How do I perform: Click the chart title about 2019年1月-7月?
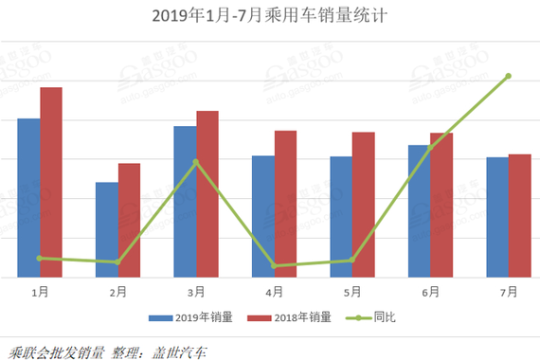click(x=269, y=17)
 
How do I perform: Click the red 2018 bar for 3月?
click(x=207, y=194)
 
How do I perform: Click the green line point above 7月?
click(x=509, y=76)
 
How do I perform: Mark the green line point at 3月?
click(x=196, y=162)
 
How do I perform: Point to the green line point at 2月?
click(x=117, y=262)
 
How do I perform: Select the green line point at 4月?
click(x=274, y=266)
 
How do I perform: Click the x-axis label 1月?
click(x=40, y=293)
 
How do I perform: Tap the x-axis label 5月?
click(x=352, y=293)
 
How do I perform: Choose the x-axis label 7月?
click(x=509, y=293)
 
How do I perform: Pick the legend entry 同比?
click(x=385, y=317)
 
